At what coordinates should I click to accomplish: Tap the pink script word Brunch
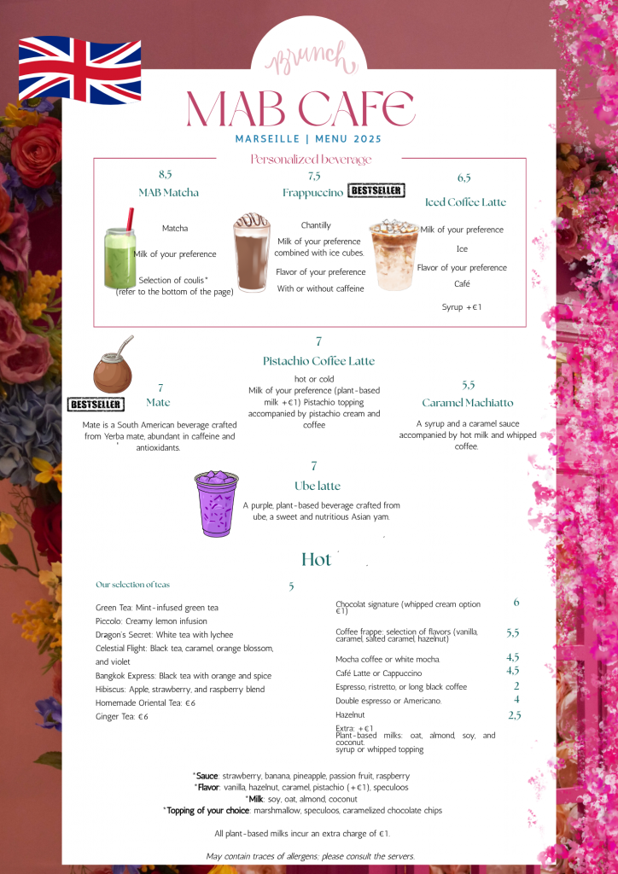click(308, 60)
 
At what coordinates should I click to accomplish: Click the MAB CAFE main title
click(300, 108)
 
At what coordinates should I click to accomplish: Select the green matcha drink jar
click(120, 258)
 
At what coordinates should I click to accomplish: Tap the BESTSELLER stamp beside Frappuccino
click(376, 190)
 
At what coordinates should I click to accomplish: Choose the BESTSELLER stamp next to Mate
click(96, 404)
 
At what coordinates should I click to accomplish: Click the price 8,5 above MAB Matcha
click(166, 174)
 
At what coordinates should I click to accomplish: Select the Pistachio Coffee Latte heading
click(318, 361)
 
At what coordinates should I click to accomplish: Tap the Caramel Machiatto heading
click(468, 403)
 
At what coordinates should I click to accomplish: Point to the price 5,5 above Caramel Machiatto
click(468, 385)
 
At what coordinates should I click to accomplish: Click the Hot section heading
click(316, 560)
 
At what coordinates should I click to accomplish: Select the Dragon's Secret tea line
click(165, 635)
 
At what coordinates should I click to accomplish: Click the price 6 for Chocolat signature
click(516, 603)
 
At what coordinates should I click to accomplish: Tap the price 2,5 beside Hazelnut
click(515, 715)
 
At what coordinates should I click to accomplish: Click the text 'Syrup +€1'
click(462, 306)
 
